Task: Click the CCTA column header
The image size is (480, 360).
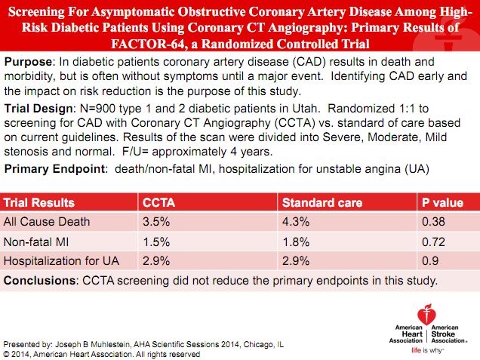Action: (x=159, y=203)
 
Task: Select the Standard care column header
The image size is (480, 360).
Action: (x=322, y=203)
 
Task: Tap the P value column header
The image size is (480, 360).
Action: (x=442, y=203)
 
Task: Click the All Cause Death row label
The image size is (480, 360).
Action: (x=47, y=222)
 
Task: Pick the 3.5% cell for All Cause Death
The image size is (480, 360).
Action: (x=156, y=222)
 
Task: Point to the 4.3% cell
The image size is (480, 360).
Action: (x=296, y=222)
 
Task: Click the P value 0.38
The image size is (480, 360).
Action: (x=433, y=222)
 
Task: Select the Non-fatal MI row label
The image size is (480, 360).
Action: (x=36, y=242)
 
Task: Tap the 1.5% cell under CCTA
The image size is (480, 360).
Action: (x=156, y=242)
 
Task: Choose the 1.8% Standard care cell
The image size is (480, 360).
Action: (x=296, y=242)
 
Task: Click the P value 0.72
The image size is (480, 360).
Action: (x=433, y=242)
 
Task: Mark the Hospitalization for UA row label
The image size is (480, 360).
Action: (x=61, y=261)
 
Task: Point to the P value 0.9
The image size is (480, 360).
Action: (x=430, y=261)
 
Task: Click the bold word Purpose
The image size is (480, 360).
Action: (x=28, y=62)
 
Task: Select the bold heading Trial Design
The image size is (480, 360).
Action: (x=38, y=109)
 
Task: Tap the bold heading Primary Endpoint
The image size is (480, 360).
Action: (x=54, y=169)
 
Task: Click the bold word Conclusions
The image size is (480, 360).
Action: (x=39, y=281)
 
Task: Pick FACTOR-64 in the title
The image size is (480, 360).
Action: (x=148, y=44)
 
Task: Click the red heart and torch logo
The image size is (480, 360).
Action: (x=426, y=315)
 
